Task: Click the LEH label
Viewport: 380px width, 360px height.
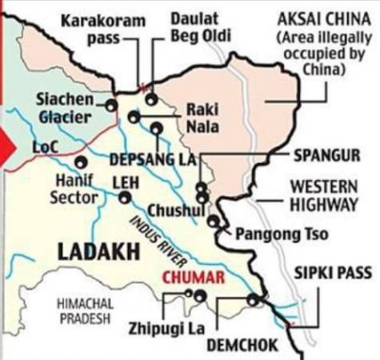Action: point(126,181)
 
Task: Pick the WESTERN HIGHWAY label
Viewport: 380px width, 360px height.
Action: point(323,194)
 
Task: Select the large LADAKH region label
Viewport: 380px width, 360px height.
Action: point(93,252)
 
